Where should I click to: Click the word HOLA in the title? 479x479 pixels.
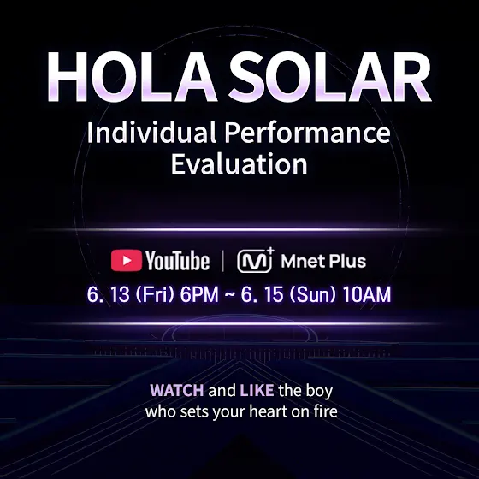[132, 77]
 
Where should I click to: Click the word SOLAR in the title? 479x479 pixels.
[330, 77]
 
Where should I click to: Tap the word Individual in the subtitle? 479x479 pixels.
[152, 132]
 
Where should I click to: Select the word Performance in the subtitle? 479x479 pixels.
[307, 132]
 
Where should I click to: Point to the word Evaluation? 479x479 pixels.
[239, 164]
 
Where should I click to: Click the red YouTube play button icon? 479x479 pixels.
[127, 261]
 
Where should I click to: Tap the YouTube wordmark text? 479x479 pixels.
[177, 261]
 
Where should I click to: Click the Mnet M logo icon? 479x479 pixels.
[256, 260]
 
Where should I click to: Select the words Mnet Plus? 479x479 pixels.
[323, 261]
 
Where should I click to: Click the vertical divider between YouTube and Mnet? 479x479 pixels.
[222, 261]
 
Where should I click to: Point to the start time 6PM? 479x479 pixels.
[199, 294]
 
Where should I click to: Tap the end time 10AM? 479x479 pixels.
[367, 294]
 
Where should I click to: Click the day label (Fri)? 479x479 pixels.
[155, 294]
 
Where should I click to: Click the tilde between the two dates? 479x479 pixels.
[230, 294]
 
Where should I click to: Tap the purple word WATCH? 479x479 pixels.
[177, 390]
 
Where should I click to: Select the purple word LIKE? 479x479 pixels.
[257, 390]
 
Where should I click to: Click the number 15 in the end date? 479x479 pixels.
[273, 294]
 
